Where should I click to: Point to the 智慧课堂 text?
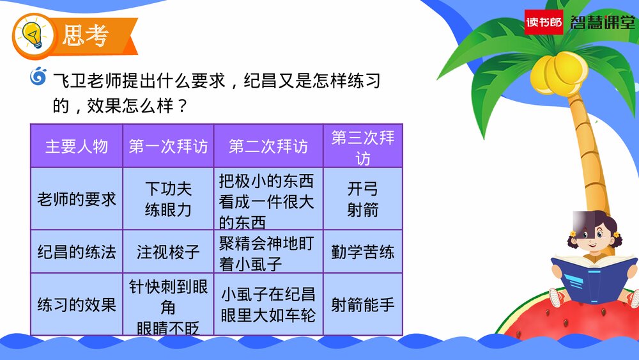tap(601, 22)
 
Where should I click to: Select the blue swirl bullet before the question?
tap(39, 77)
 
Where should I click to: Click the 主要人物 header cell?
tap(77, 146)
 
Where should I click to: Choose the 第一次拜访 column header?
tap(168, 146)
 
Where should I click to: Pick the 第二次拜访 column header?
tap(268, 146)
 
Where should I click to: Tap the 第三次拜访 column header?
tap(363, 146)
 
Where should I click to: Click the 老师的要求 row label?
tap(77, 199)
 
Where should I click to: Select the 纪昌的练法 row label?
tap(77, 252)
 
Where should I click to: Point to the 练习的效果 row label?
tap(77, 304)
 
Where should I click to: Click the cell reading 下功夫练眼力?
tap(168, 199)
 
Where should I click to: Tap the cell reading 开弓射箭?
tap(363, 199)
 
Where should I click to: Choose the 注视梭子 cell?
tap(168, 252)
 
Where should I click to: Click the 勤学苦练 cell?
tap(363, 252)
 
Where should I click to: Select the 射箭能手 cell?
tap(363, 304)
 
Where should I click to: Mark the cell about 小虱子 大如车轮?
tap(268, 304)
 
